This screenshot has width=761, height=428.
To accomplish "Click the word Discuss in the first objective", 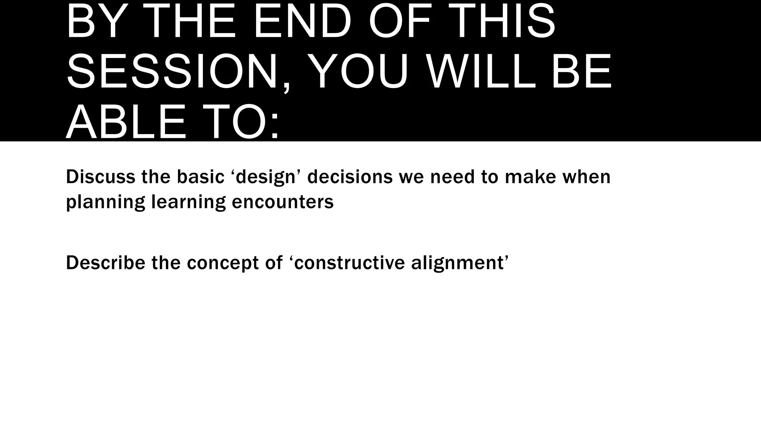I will point(100,177).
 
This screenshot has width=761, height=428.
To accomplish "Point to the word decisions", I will point(350,177).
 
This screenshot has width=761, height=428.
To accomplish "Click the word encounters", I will point(282,202).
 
